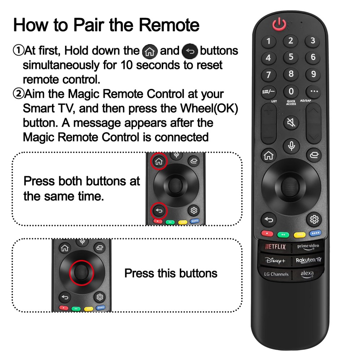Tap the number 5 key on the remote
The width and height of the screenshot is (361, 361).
click(291, 57)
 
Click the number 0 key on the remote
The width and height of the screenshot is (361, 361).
click(291, 91)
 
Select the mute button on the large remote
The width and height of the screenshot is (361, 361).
click(291, 122)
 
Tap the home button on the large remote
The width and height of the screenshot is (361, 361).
click(269, 155)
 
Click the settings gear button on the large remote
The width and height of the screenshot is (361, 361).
click(314, 219)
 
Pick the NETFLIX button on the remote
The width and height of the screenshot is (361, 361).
click(275, 247)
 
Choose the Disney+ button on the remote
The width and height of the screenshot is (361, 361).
click(275, 260)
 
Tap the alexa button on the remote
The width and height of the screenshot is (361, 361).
click(307, 274)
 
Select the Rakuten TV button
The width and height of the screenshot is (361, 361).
click(308, 260)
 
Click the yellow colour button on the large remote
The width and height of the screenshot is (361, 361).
click(300, 235)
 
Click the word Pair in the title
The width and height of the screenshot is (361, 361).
click(88, 25)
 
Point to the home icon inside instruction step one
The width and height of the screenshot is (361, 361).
click(150, 52)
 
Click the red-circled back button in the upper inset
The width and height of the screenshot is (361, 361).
click(159, 211)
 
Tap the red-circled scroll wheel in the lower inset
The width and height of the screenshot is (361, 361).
click(82, 273)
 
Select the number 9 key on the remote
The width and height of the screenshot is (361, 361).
click(313, 74)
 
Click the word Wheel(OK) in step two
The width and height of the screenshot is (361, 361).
click(209, 108)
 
